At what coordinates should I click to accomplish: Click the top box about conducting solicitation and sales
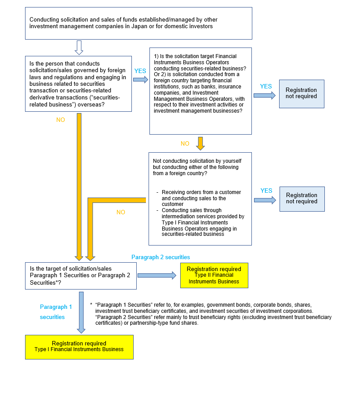tap(138, 23)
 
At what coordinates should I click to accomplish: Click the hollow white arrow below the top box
tap(79, 47)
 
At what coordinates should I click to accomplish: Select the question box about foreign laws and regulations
tap(79, 84)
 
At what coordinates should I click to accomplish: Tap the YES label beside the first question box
tap(140, 71)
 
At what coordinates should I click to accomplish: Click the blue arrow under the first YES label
tap(141, 80)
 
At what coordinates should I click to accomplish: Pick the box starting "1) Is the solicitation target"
tap(200, 91)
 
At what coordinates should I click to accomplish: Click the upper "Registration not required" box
tap(302, 94)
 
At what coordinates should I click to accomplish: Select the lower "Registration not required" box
tap(302, 199)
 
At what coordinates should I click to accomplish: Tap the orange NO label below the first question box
tap(61, 120)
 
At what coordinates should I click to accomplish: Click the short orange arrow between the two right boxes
tap(200, 143)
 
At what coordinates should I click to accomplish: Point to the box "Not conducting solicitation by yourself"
tap(200, 198)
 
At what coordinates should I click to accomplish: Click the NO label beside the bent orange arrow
tap(120, 212)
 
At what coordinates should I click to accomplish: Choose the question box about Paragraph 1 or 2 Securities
tap(81, 276)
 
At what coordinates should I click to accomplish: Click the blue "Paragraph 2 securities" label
tap(161, 257)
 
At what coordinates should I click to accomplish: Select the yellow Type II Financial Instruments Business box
tap(214, 275)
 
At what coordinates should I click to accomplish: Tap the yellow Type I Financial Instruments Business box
tap(79, 346)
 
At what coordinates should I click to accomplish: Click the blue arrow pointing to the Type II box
tap(157, 275)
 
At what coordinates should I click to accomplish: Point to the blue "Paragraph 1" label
tap(56, 307)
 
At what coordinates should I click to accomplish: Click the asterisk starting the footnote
tap(91, 304)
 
